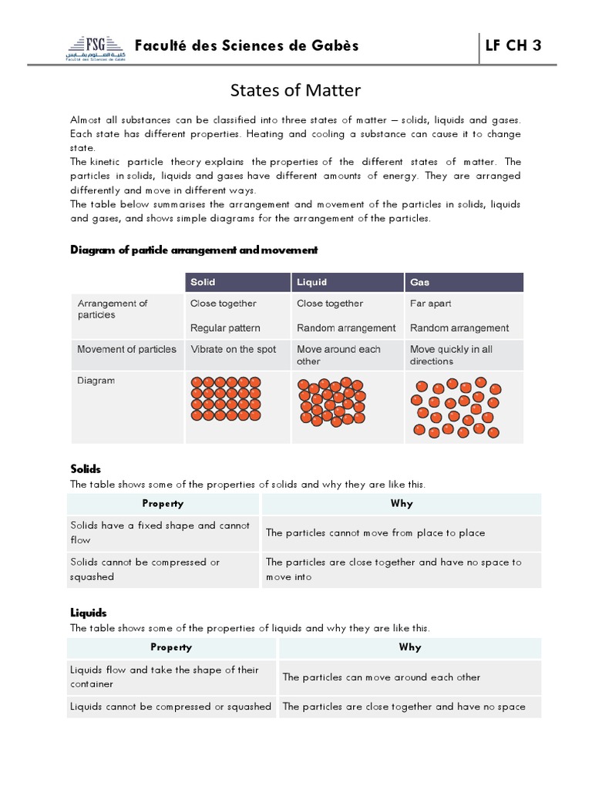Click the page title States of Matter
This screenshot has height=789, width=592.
click(295, 91)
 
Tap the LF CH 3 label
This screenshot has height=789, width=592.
click(513, 45)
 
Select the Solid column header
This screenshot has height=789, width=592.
click(203, 283)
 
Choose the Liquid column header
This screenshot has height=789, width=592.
click(312, 283)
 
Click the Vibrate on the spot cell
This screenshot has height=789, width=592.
click(233, 349)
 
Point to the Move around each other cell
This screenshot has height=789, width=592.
click(338, 355)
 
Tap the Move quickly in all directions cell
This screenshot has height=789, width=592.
click(451, 355)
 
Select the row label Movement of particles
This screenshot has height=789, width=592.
click(126, 349)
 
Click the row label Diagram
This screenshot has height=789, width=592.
click(96, 380)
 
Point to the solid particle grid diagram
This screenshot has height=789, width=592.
click(229, 399)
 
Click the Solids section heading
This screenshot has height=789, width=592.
click(86, 468)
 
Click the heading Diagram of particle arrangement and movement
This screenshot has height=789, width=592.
click(193, 250)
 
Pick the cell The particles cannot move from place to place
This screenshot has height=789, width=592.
click(375, 533)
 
